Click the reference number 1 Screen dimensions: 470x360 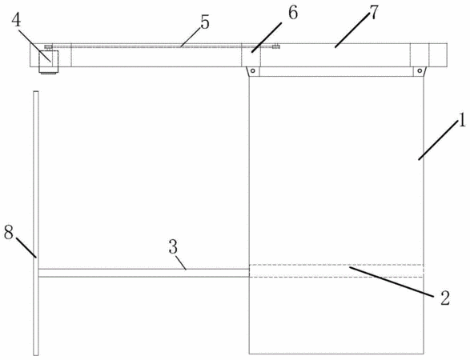click(462, 119)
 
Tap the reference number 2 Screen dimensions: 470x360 click(445, 298)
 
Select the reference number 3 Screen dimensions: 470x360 click(173, 248)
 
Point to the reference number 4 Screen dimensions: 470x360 click(17, 20)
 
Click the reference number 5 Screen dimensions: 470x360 click(205, 22)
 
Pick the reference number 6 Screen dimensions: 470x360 click(292, 13)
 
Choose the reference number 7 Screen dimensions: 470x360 click(373, 12)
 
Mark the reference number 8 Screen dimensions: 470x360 click(9, 232)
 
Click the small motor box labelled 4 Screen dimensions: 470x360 click(48, 62)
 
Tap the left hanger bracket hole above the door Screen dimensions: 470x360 click(253, 71)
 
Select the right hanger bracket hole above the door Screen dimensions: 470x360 click(420, 71)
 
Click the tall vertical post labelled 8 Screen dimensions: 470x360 click(36, 223)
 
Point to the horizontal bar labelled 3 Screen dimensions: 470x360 click(144, 273)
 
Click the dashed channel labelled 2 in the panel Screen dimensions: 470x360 click(336, 271)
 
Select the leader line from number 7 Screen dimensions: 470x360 click(352, 31)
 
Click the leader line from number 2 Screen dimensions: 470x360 click(391, 282)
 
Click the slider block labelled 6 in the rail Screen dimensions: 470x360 click(251, 55)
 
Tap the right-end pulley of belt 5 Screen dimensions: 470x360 click(276, 46)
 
